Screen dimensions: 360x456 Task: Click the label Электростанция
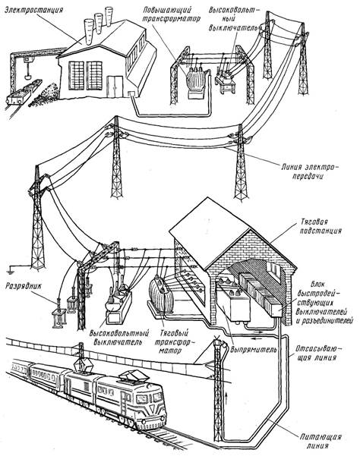click(33, 10)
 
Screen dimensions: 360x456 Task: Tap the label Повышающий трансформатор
click(172, 14)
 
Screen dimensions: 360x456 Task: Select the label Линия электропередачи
click(311, 171)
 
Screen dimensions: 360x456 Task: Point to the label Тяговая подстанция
click(319, 226)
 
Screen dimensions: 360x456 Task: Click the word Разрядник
click(24, 287)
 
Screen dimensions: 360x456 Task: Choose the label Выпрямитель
click(253, 349)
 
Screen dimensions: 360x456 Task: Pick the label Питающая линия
click(320, 441)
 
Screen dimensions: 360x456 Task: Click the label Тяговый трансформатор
click(172, 341)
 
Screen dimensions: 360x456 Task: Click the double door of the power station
click(115, 86)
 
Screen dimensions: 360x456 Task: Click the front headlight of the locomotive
click(144, 422)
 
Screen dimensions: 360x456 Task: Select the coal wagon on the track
click(18, 96)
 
